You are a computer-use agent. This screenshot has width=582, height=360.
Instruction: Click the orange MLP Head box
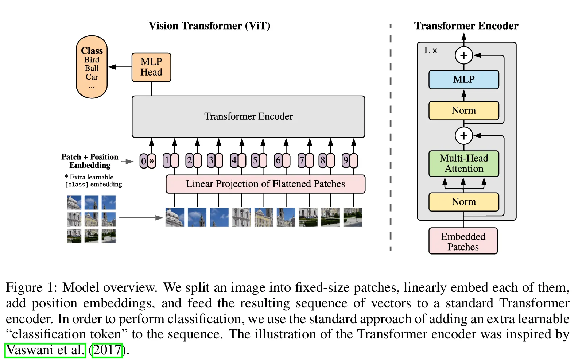[151, 67]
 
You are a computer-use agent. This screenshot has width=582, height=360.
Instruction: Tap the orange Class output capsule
[92, 67]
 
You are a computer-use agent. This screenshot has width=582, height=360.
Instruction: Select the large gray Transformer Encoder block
[248, 116]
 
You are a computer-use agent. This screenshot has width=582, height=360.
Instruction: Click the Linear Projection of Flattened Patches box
[265, 184]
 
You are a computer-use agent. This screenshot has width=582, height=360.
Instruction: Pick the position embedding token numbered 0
[144, 161]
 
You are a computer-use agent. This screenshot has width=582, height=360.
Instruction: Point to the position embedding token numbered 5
[255, 160]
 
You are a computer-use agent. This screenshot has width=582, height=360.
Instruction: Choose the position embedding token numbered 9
[346, 160]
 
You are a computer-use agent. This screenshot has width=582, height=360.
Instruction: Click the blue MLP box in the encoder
[463, 80]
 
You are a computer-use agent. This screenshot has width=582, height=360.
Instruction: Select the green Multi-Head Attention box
[463, 163]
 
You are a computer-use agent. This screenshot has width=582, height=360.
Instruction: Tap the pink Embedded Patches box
[463, 241]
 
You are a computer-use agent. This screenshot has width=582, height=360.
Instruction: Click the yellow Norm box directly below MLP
[463, 111]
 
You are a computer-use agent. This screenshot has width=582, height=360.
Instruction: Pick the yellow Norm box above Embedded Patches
[463, 202]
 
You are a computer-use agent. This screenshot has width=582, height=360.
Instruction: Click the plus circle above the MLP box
[464, 55]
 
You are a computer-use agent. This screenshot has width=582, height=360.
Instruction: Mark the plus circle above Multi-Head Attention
[464, 136]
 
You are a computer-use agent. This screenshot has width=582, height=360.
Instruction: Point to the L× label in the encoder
[431, 50]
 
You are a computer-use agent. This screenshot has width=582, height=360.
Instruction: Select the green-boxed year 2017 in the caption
[107, 350]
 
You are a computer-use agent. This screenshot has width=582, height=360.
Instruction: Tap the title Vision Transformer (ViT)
[209, 26]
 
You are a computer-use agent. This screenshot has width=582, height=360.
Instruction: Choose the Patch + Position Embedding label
[90, 161]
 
